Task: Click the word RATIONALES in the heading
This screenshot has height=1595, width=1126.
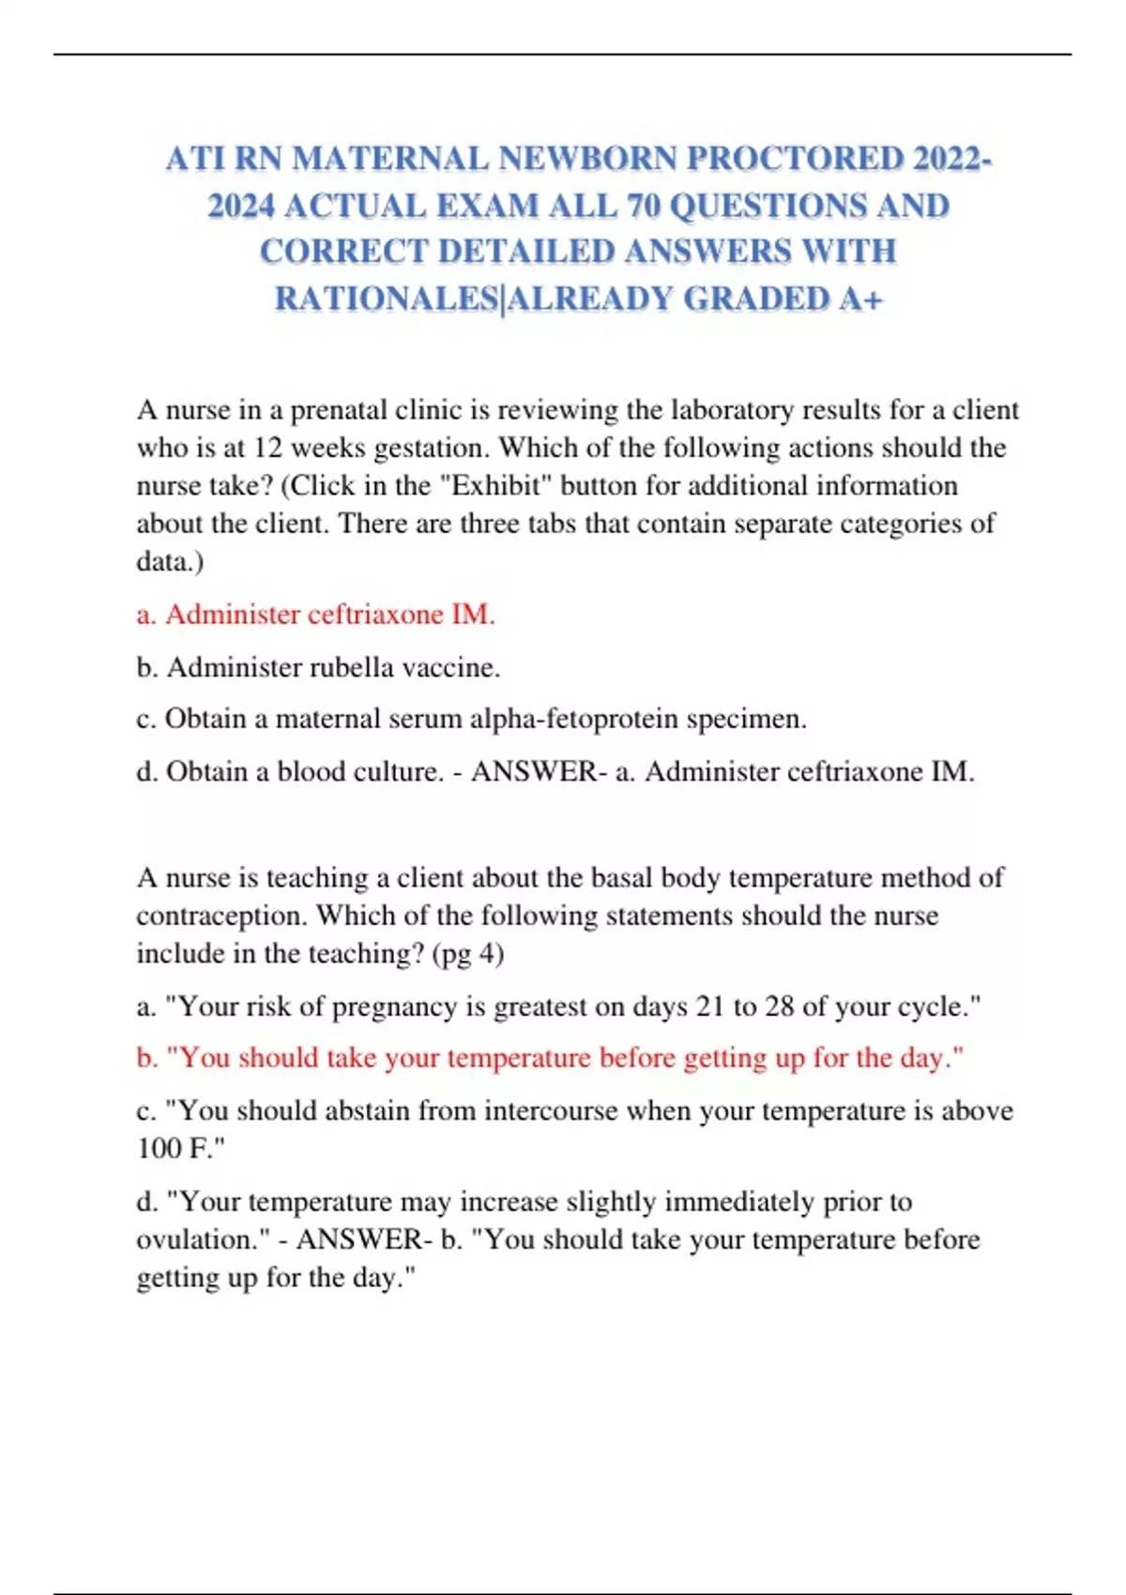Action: (386, 298)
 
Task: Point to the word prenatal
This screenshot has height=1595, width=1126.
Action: (339, 410)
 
